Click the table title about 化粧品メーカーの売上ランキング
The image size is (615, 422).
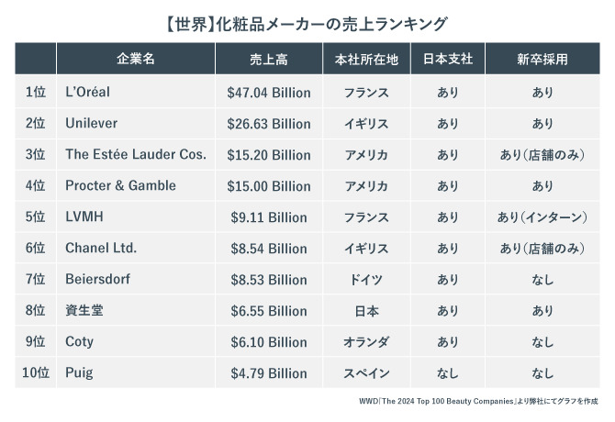tap(307, 21)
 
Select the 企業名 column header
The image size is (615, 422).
tap(136, 60)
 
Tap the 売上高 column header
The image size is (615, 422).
tap(268, 60)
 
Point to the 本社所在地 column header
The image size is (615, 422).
tap(366, 60)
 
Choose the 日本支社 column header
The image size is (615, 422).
tap(447, 60)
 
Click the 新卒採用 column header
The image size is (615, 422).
tap(542, 60)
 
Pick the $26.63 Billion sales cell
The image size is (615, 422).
tap(268, 124)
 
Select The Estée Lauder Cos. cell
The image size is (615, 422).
tap(136, 155)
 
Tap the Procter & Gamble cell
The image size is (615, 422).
tap(120, 185)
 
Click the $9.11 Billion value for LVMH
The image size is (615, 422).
tap(268, 217)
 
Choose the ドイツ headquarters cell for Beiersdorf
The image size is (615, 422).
tap(366, 280)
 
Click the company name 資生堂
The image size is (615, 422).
tap(84, 311)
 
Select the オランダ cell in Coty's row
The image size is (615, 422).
tap(366, 342)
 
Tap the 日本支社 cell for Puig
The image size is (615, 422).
tap(447, 373)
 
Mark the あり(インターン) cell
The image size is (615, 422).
tap(542, 217)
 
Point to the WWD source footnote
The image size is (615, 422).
tap(477, 402)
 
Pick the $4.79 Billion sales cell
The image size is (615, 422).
tap(268, 373)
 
